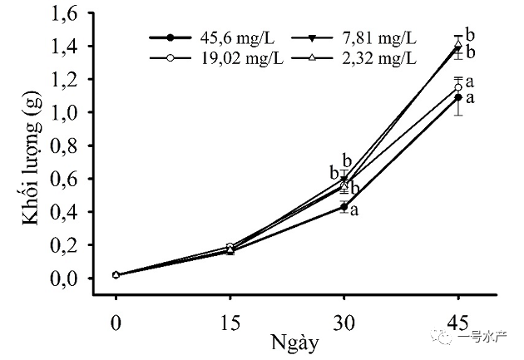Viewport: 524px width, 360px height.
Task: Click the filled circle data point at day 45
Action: (458, 97)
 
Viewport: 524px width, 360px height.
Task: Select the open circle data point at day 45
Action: (458, 86)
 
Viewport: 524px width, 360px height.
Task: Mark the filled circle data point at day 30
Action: (344, 206)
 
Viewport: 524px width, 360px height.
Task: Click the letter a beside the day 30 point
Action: (354, 210)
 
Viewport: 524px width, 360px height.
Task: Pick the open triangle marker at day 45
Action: (458, 44)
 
